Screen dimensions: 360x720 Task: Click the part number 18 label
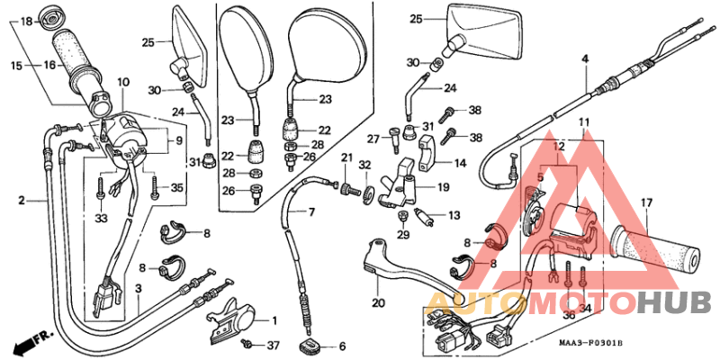coord(25,21)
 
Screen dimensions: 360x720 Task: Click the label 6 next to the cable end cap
coord(342,346)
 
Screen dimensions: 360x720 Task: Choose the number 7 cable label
coord(312,213)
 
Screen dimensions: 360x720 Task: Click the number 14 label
coord(460,163)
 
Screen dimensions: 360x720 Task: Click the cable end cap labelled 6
coord(315,346)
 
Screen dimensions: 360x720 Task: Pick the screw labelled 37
coord(247,345)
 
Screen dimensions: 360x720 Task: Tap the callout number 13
coord(454,216)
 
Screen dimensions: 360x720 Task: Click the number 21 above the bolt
coord(346,158)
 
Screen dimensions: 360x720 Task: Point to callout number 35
coord(176,187)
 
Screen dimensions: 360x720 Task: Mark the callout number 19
coord(444,187)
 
